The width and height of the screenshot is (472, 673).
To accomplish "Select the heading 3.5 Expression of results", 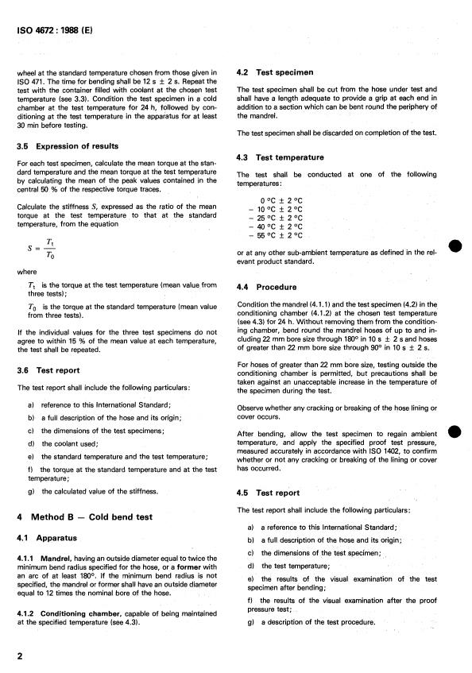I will click(68, 145).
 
